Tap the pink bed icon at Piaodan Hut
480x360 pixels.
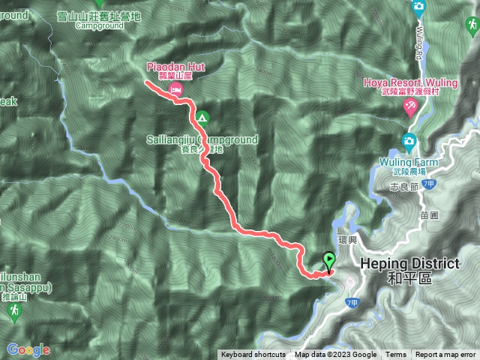click(x=175, y=89)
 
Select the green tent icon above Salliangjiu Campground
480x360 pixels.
click(x=202, y=117)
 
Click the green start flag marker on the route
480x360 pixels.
click(x=328, y=261)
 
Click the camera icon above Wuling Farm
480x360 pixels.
click(x=409, y=140)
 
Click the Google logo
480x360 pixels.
click(x=28, y=349)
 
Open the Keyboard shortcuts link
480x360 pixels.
click(x=253, y=355)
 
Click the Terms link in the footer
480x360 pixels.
click(x=395, y=355)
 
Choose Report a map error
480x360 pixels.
click(x=447, y=355)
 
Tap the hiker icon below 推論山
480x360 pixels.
click(x=13, y=315)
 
